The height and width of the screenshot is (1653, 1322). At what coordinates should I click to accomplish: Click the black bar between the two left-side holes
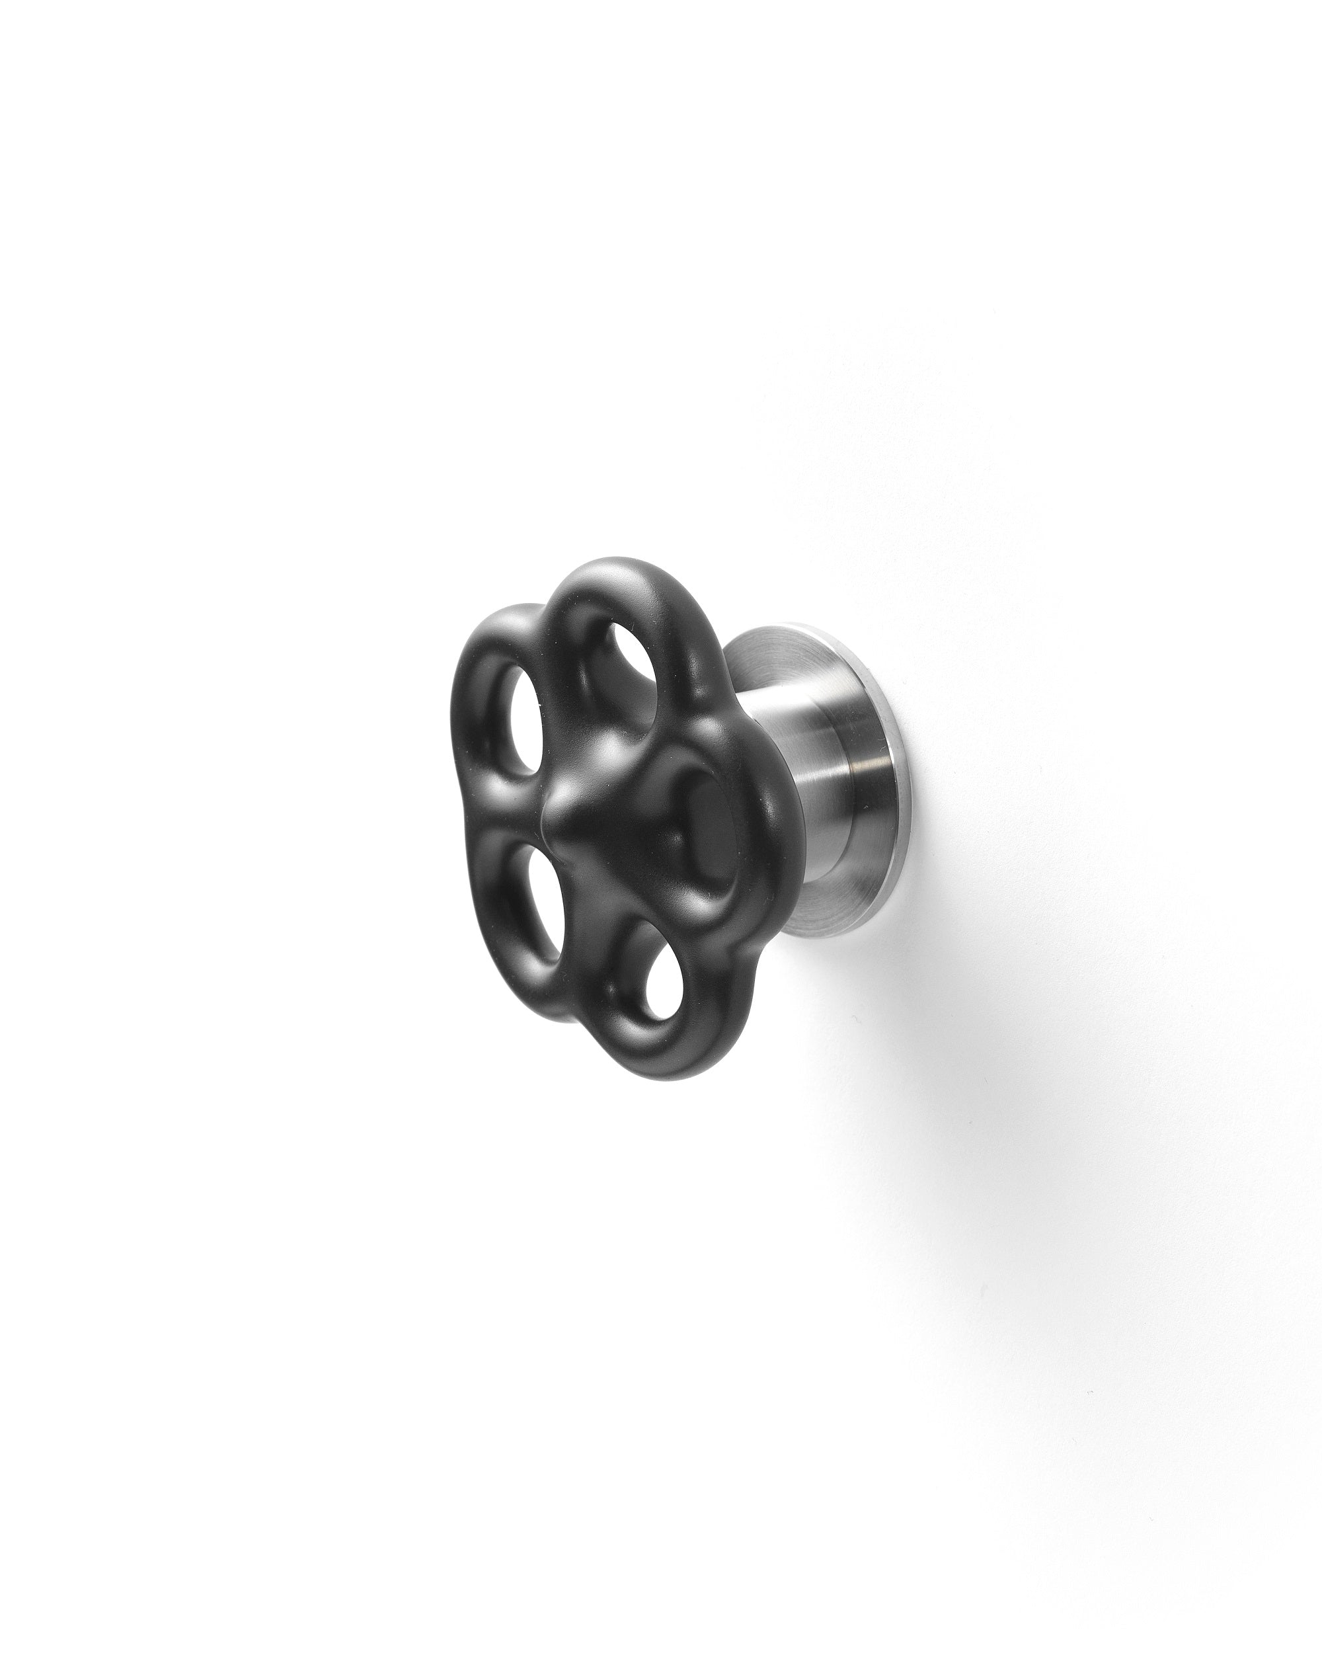521,805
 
